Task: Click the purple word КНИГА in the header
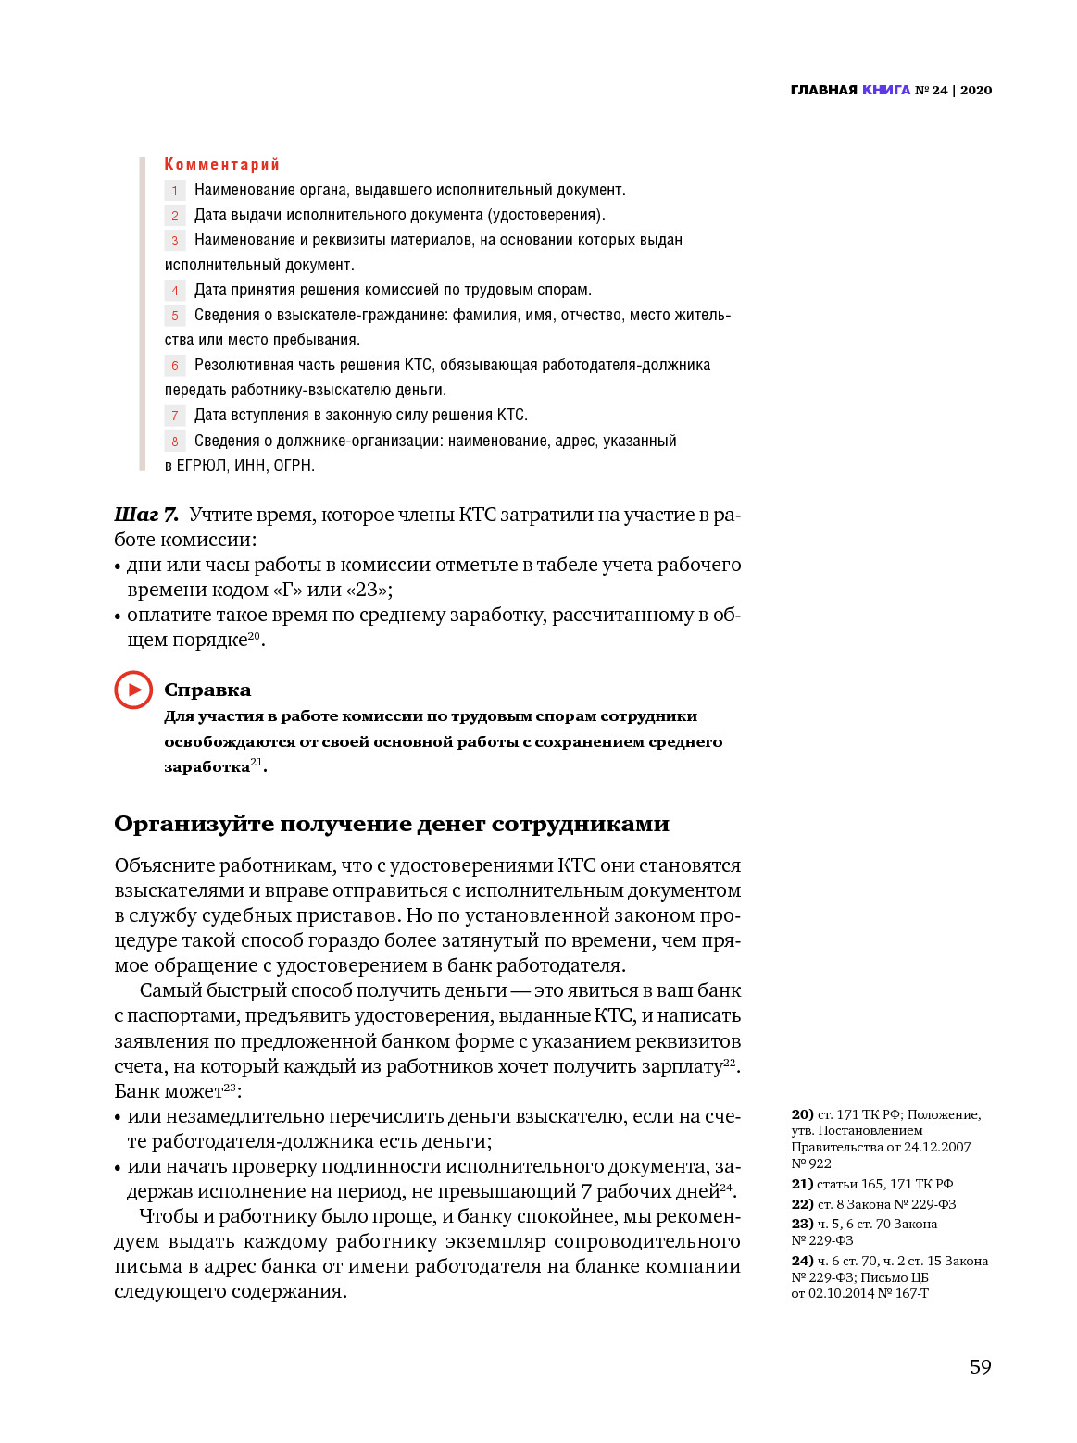pos(886,90)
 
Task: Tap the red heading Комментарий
pos(221,165)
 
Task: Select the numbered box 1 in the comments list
pos(175,191)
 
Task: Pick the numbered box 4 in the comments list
pos(175,291)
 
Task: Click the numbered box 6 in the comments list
pos(175,366)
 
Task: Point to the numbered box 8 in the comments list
pos(175,442)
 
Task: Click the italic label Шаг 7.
pos(146,515)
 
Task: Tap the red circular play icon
pos(133,690)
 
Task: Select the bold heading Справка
pos(207,690)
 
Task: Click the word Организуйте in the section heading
pos(194,824)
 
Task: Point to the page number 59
pos(980,1366)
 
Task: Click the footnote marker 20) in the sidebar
pos(802,1114)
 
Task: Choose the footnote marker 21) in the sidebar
pos(802,1184)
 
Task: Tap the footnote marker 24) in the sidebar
pos(802,1261)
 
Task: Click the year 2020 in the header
pos(976,90)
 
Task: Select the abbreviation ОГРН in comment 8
pos(294,466)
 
